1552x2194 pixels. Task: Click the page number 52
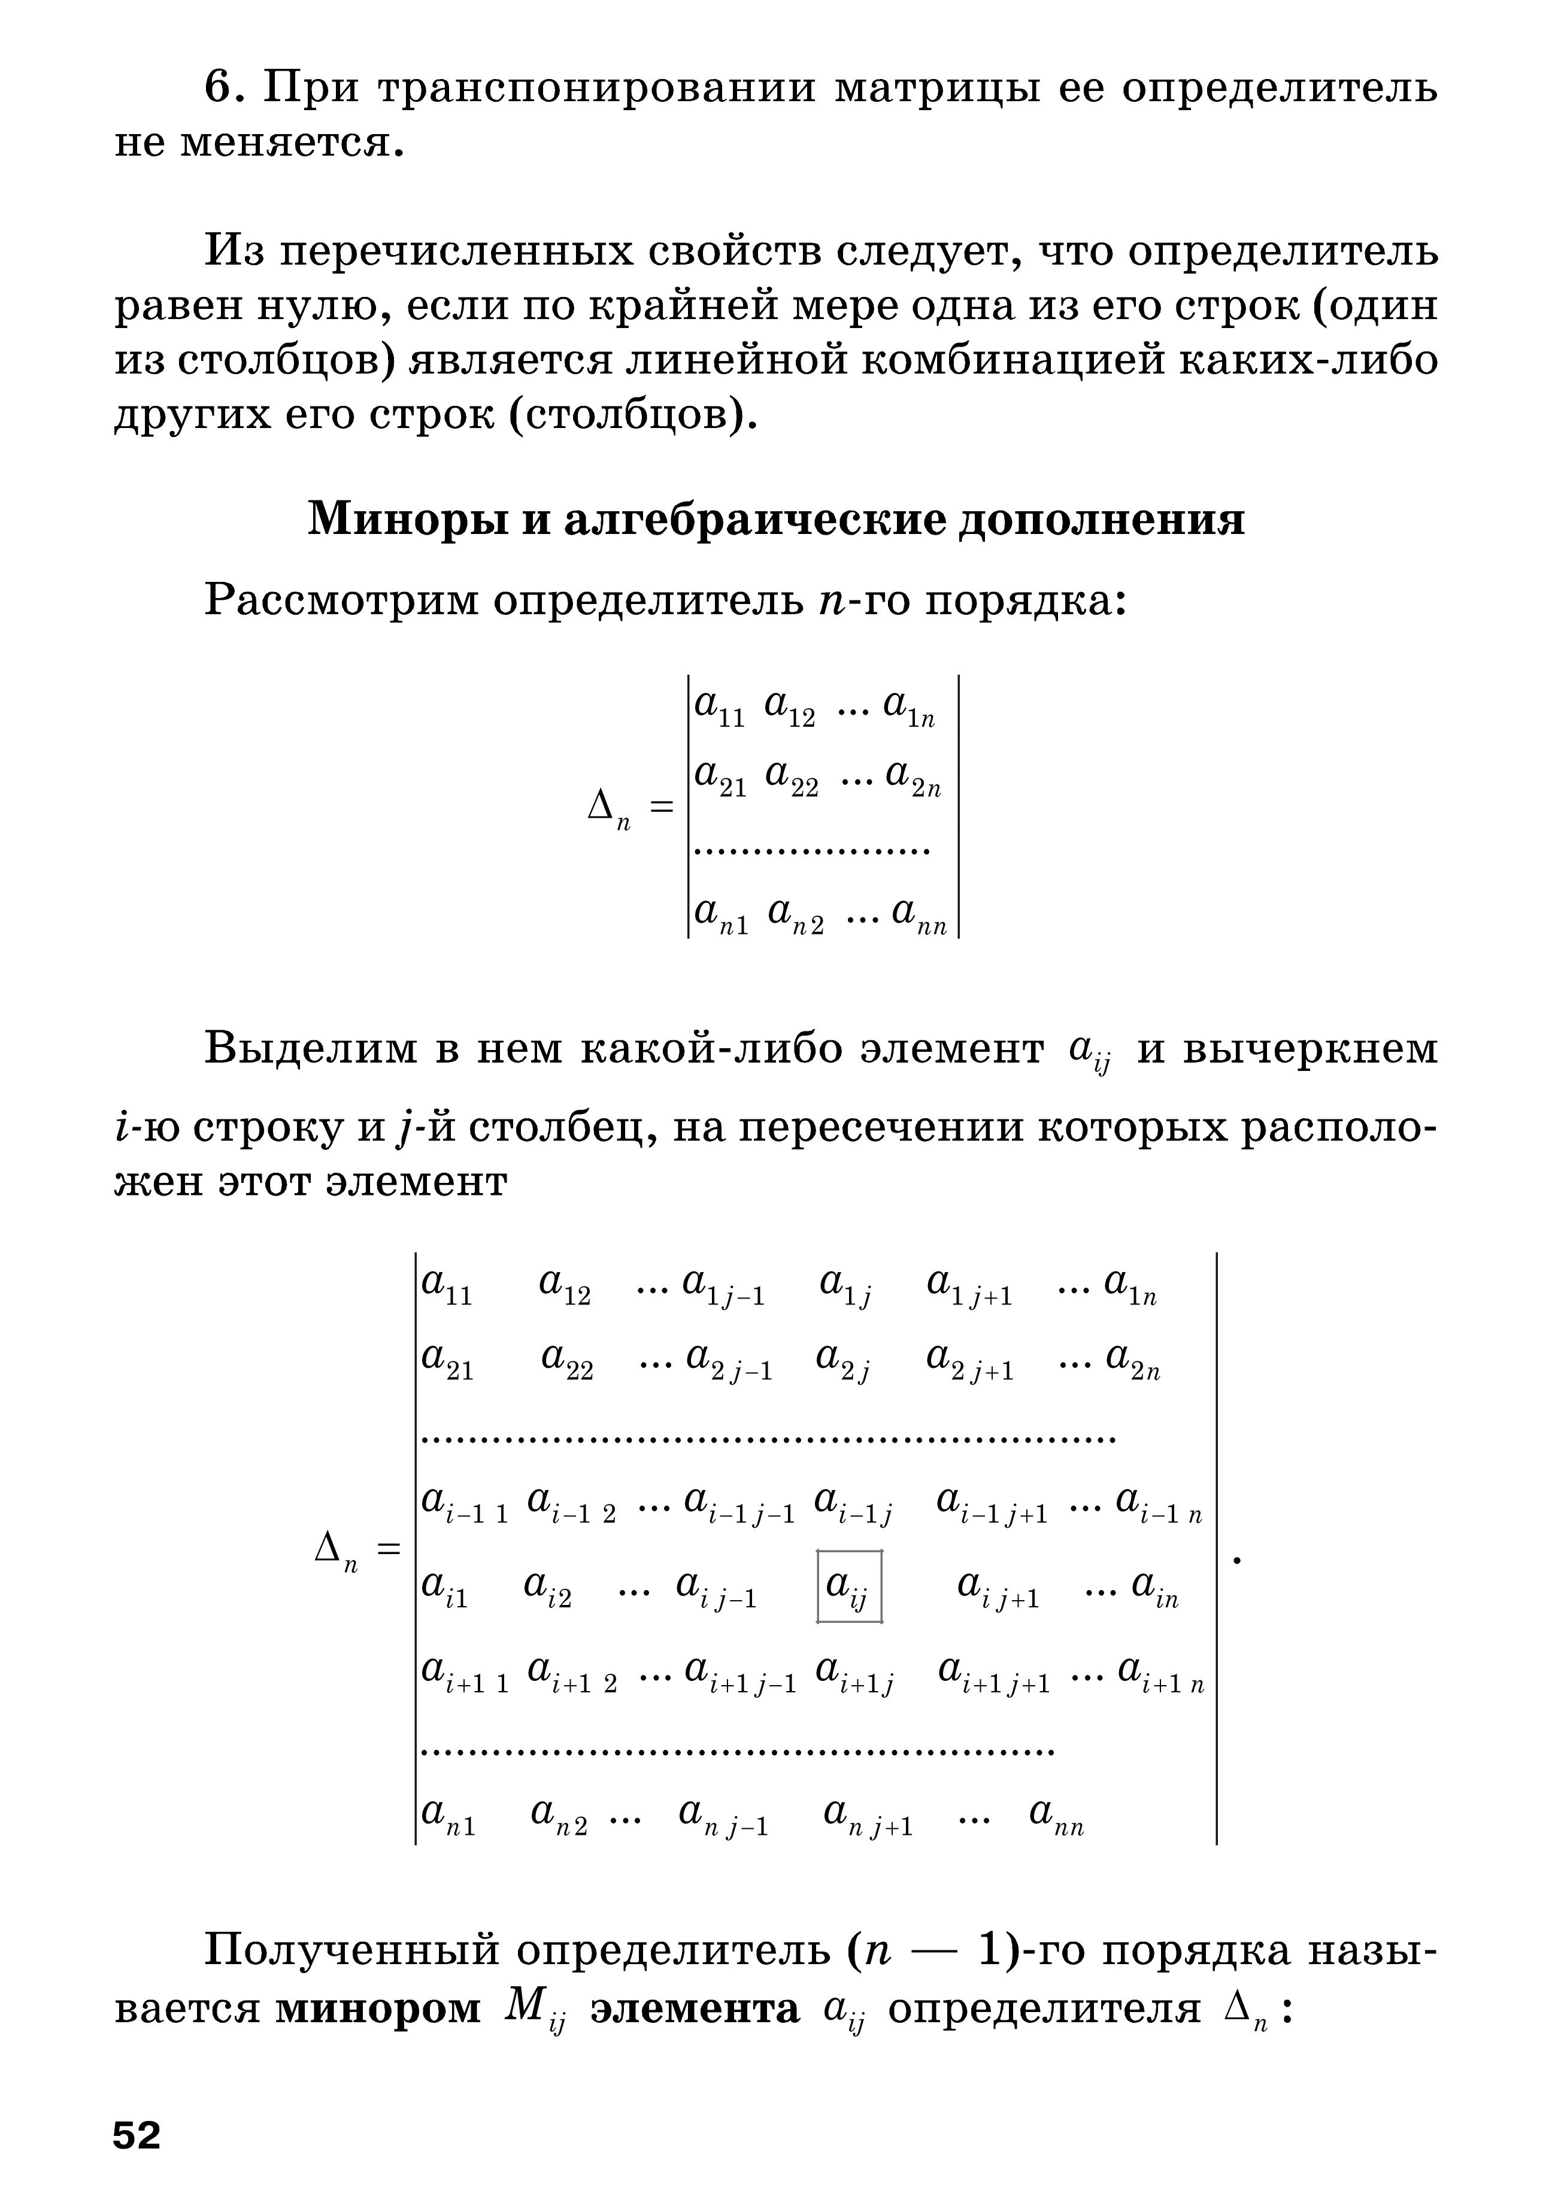(x=137, y=2135)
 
